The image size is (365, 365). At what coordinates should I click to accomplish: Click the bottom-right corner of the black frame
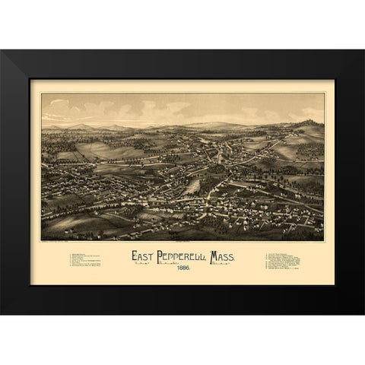point(363,313)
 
